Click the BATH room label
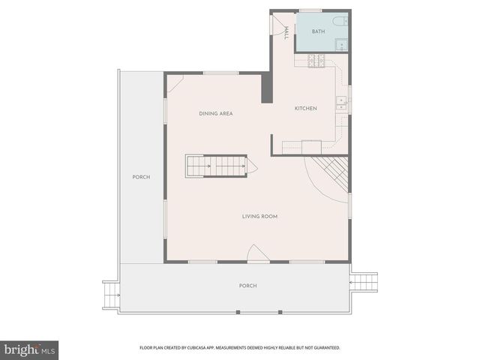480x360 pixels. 319,31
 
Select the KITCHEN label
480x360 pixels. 305,109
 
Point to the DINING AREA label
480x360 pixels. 215,114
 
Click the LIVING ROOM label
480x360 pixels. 259,217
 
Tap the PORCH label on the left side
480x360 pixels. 141,177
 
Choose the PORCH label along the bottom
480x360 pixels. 247,286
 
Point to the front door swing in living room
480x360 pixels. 256,253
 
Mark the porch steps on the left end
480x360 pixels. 111,293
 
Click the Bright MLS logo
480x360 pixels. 30,349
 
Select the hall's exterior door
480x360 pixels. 272,24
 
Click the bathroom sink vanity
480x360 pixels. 340,44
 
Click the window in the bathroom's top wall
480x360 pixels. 310,10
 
